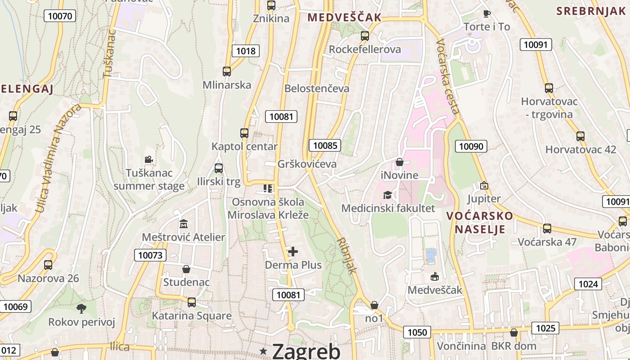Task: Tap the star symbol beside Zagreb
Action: pyautogui.click(x=263, y=351)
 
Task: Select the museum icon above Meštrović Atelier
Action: pyautogui.click(x=184, y=224)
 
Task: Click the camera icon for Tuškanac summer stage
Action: pyautogui.click(x=148, y=159)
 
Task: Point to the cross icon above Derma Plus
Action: pyautogui.click(x=293, y=252)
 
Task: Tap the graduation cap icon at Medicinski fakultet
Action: pyautogui.click(x=387, y=195)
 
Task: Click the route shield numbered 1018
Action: pyautogui.click(x=246, y=51)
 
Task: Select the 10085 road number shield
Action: pyautogui.click(x=325, y=145)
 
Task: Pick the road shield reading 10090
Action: pyautogui.click(x=471, y=146)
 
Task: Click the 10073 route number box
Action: pyautogui.click(x=150, y=256)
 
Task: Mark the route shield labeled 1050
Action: pyautogui.click(x=417, y=333)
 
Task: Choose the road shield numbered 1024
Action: pyautogui.click(x=588, y=284)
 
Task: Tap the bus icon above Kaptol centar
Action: pyautogui.click(x=244, y=133)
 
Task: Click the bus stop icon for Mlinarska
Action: pyautogui.click(x=227, y=72)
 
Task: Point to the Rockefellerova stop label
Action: pyautogui.click(x=365, y=49)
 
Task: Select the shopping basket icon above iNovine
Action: pyautogui.click(x=400, y=162)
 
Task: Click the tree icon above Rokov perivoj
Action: pyautogui.click(x=81, y=309)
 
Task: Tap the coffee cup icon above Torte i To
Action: pyautogui.click(x=486, y=13)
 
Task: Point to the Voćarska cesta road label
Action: pyautogui.click(x=448, y=76)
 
